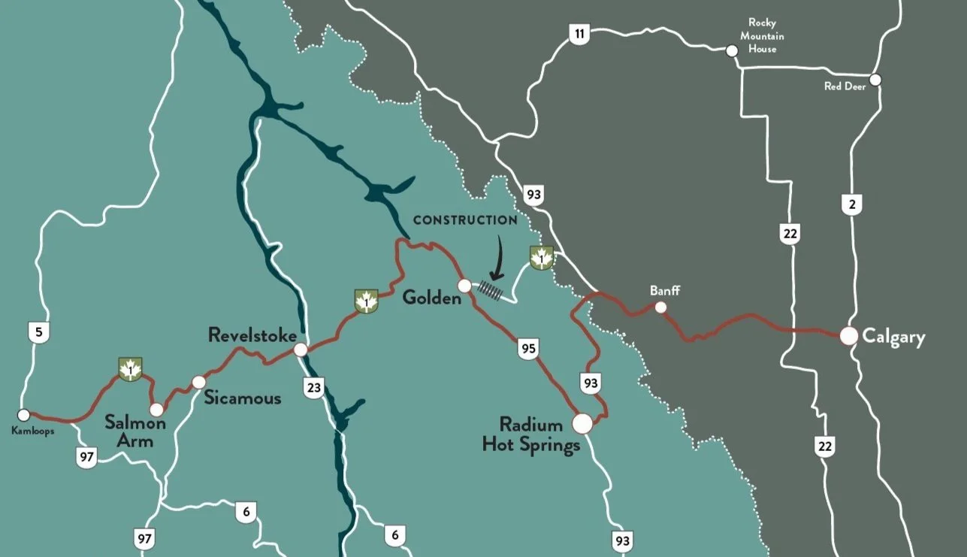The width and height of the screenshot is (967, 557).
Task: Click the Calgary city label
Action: (x=893, y=337)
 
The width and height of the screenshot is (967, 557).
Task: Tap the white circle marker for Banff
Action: (x=660, y=307)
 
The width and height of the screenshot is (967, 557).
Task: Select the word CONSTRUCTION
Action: (x=465, y=220)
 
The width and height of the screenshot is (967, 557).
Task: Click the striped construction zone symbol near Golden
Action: (x=491, y=292)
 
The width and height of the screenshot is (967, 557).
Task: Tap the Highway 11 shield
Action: (x=579, y=34)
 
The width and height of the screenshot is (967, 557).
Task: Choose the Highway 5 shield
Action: (x=38, y=331)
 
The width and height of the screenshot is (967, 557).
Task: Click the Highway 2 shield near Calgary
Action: (x=851, y=204)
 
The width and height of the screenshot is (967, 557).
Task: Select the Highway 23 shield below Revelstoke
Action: (x=313, y=388)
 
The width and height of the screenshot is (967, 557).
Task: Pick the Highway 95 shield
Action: (x=527, y=348)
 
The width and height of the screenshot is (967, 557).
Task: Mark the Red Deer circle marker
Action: (x=875, y=80)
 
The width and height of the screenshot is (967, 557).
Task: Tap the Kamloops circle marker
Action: (x=23, y=415)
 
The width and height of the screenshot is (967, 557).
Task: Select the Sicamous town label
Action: (x=242, y=398)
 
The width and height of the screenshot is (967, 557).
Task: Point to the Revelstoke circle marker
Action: (x=301, y=350)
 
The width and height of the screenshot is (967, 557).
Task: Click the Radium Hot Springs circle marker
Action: (x=582, y=424)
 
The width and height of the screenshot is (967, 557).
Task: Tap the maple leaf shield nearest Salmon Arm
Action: (x=131, y=369)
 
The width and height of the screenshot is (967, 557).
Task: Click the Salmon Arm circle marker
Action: (x=156, y=410)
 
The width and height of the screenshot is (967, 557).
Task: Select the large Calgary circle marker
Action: (x=849, y=336)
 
